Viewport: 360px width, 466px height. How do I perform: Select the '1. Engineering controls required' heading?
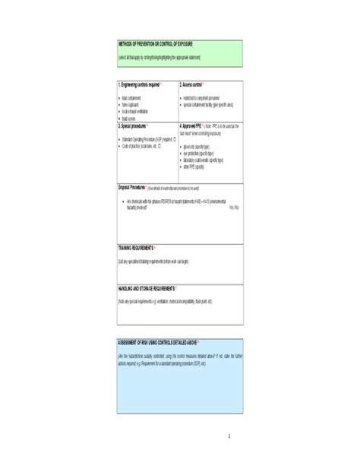click(x=140, y=85)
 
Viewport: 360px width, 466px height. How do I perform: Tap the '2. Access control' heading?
click(x=191, y=85)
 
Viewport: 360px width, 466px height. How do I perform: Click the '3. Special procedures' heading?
click(x=133, y=125)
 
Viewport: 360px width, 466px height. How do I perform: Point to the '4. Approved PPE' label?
click(x=190, y=125)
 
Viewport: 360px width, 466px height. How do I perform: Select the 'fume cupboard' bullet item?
click(x=132, y=106)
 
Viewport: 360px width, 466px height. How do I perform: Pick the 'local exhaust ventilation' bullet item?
click(x=137, y=112)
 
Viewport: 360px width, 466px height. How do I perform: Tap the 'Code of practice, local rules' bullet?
click(x=144, y=145)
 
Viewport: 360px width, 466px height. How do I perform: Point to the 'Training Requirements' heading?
click(x=136, y=249)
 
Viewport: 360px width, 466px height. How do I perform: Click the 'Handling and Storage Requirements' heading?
click(x=147, y=289)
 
